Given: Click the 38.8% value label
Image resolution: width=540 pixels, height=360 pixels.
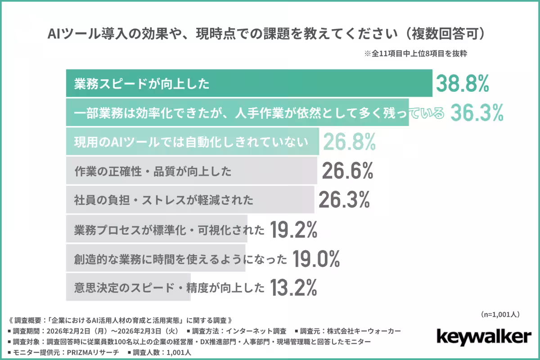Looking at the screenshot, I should coord(462,84).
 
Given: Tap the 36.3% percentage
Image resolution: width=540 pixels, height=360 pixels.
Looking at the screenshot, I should coord(477,113).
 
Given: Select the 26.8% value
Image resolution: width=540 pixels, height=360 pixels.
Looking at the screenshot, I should coord(349,142).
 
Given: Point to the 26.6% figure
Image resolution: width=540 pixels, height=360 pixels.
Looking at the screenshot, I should coord(347,171).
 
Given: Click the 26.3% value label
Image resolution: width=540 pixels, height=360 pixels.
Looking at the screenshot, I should coord(344,200).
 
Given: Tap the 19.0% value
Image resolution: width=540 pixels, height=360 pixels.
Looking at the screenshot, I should coord(316,258).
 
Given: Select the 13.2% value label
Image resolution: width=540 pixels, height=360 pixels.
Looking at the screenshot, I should coord(294,287).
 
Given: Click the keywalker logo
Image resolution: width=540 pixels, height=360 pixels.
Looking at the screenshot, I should coord(484,337).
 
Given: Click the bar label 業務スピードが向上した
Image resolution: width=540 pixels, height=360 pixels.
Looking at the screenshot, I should coord(142,84).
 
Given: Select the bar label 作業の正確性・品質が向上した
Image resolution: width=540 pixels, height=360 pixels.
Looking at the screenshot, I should coord(153,171).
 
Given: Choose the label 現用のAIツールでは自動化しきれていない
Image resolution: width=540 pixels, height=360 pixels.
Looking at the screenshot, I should coord(191,142).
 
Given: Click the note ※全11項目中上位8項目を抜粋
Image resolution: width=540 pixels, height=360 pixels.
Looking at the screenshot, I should coord(416,54).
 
